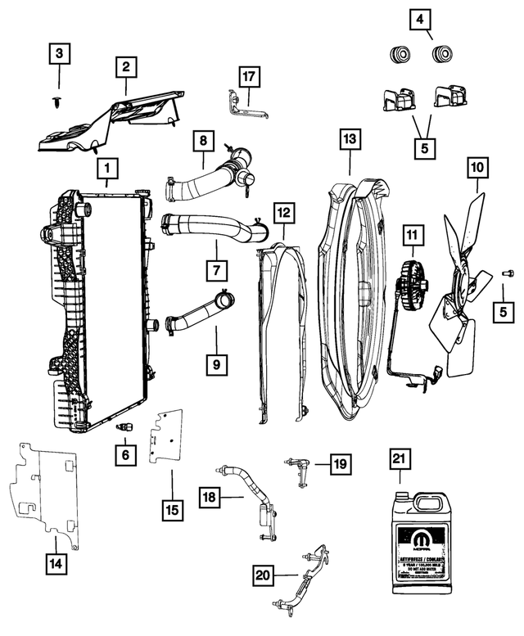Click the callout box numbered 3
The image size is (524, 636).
pyautogui.click(x=57, y=56)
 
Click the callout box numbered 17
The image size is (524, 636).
pyautogui.click(x=249, y=77)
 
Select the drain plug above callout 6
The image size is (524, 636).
pyautogui.click(x=124, y=426)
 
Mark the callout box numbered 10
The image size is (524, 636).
pyautogui.click(x=477, y=169)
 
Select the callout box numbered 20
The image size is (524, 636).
pyautogui.click(x=262, y=575)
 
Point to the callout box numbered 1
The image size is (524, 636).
pyautogui.click(x=105, y=169)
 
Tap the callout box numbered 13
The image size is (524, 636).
pyautogui.click(x=350, y=140)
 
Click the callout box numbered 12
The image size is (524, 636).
pyautogui.click(x=282, y=214)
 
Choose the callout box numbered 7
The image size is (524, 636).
pyautogui.click(x=216, y=269)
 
